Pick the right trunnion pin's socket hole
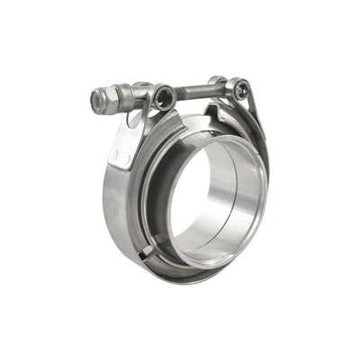240,88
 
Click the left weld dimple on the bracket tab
115,154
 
